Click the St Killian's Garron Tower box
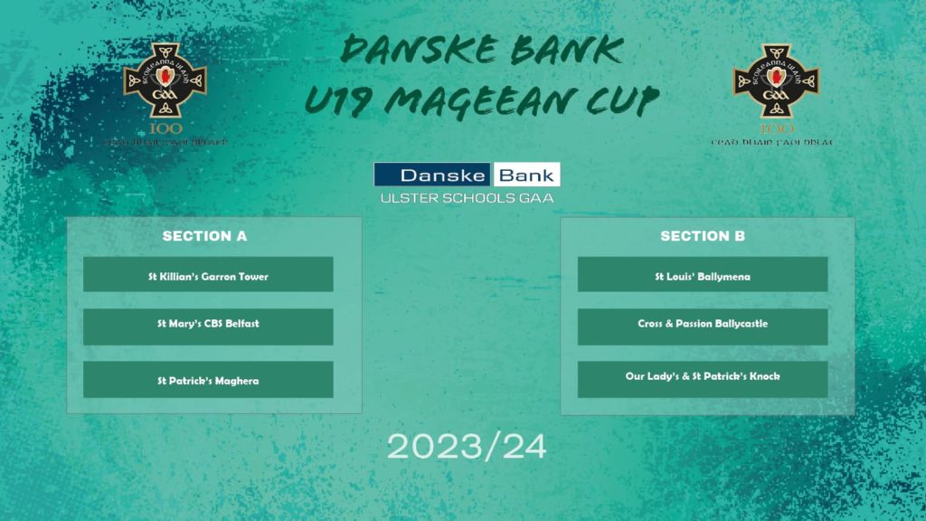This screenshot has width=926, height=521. click(x=208, y=275)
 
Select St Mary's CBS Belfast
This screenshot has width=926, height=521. click(x=208, y=324)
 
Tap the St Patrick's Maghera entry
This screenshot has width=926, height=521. click(x=208, y=381)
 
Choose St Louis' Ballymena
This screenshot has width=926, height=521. click(x=702, y=275)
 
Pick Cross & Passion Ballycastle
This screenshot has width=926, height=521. click(x=702, y=324)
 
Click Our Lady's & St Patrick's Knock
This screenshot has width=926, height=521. click(x=702, y=376)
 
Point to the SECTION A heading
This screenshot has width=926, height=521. click(x=204, y=236)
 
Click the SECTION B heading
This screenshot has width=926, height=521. click(x=703, y=236)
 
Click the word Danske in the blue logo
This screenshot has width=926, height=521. click(x=432, y=175)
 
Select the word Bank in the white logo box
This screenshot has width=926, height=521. click(x=525, y=175)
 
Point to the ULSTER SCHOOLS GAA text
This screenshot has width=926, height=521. click(x=467, y=197)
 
